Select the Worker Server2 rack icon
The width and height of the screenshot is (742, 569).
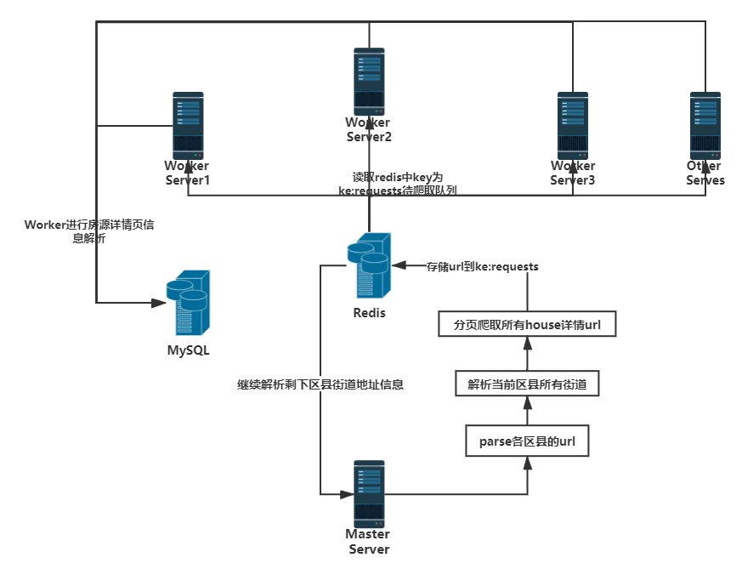tap(369, 82)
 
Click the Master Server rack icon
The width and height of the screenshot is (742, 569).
tap(369, 494)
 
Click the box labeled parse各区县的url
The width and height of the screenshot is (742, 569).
tap(527, 442)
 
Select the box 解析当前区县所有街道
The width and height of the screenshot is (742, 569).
tap(527, 384)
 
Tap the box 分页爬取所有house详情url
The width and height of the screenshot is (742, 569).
tap(527, 325)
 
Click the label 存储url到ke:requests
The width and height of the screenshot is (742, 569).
tap(482, 266)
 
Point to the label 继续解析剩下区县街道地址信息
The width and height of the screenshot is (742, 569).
tap(320, 384)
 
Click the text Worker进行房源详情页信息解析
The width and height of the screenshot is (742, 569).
tap(89, 232)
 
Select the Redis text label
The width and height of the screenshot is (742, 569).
tap(369, 313)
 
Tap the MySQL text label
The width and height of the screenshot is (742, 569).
tap(188, 350)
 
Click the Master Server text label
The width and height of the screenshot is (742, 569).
tap(368, 541)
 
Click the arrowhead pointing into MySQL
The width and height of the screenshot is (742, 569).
tap(159, 302)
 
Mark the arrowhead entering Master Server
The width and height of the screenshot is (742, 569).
tap(348, 492)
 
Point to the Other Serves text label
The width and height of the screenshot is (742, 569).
tap(705, 173)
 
